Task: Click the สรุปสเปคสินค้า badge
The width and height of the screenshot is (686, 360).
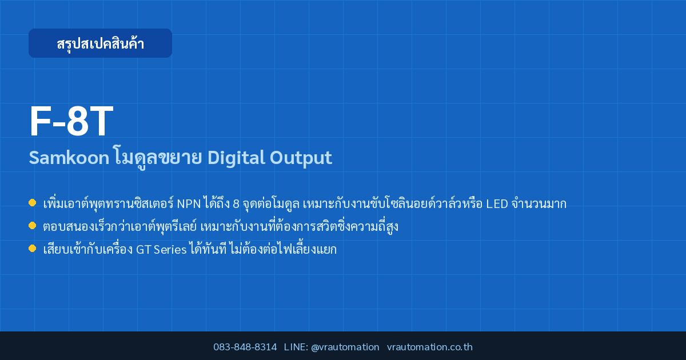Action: [x=100, y=43]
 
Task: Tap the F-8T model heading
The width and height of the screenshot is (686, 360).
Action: [x=71, y=121]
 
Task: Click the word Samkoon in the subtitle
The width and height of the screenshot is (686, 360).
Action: [x=69, y=158]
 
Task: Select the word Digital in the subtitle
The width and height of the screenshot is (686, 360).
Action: [x=236, y=158]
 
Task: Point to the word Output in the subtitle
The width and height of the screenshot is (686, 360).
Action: [x=301, y=158]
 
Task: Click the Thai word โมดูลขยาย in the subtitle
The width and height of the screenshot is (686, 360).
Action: [x=158, y=157]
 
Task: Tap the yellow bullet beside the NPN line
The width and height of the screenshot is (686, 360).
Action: [x=32, y=203]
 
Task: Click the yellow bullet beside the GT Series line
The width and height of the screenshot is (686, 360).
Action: [x=32, y=248]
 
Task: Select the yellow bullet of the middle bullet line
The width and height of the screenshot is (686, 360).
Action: [x=32, y=226]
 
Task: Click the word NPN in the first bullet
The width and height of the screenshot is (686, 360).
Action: [x=189, y=204]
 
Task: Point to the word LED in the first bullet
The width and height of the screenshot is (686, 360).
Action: [x=497, y=204]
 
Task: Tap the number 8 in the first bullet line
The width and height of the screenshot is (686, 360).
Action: [x=236, y=204]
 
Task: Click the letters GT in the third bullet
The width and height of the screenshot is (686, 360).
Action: [x=143, y=250]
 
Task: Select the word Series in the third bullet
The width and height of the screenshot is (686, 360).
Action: [x=170, y=250]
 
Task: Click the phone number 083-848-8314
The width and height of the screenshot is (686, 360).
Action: [x=245, y=347]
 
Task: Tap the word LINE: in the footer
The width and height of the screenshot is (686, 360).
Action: [x=296, y=347]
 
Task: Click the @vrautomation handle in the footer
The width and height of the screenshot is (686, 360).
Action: [x=345, y=347]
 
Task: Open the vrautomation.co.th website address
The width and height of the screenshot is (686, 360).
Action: [x=430, y=347]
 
